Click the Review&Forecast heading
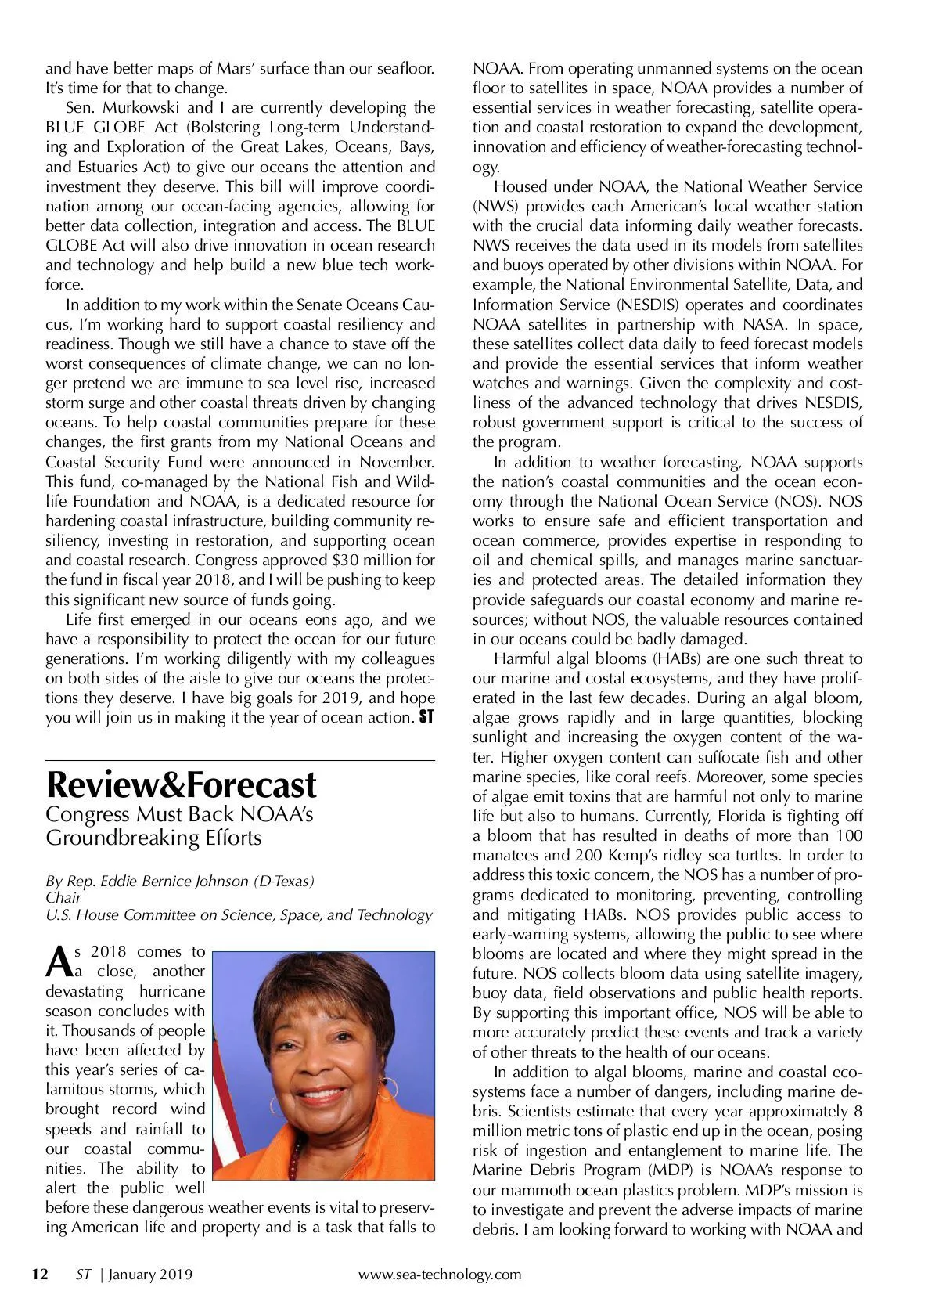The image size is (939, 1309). (x=181, y=784)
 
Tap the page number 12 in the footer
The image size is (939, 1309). (x=38, y=1275)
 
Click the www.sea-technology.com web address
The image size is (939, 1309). (x=439, y=1275)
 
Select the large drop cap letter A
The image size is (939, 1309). (x=58, y=962)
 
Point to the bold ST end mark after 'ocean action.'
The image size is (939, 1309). (x=426, y=716)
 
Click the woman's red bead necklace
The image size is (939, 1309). (x=296, y=1159)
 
